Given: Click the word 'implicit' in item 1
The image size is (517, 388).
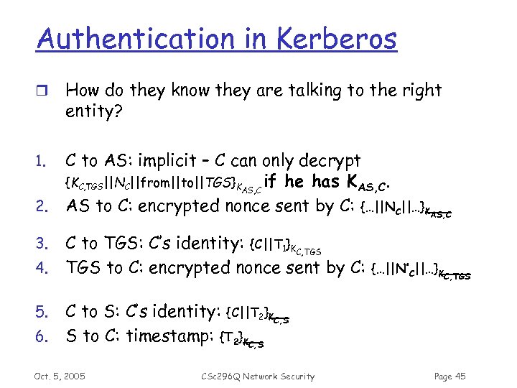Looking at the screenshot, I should [x=167, y=161].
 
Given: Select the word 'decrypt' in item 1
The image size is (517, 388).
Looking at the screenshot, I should [x=328, y=161].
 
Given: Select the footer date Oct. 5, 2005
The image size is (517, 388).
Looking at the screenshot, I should [x=60, y=376].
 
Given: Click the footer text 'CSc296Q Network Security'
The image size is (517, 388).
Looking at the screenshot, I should [x=258, y=376].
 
